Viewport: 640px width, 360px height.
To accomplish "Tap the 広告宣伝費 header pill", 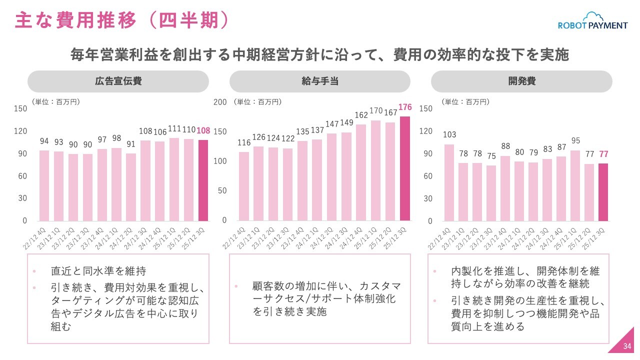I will point(118,81).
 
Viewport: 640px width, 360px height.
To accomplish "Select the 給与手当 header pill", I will point(320,81).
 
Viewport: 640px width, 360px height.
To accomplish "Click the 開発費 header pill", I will point(521,81).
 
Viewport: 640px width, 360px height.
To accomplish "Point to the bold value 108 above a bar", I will point(203,130).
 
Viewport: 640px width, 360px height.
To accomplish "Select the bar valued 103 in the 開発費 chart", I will point(449,182).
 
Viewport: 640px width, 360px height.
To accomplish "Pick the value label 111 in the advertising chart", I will point(175,128).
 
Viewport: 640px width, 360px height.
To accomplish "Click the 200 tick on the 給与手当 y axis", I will point(220,102).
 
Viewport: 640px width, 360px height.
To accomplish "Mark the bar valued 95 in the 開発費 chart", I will point(575,185).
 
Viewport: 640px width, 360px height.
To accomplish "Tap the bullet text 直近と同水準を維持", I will point(98,271).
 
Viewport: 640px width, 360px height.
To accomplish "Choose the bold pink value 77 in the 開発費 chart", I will point(603,154).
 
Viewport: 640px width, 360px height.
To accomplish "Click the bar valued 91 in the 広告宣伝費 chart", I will point(131,187).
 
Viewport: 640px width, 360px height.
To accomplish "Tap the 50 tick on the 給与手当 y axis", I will point(222,190).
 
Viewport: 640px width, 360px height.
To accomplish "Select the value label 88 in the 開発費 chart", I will point(505,146).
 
